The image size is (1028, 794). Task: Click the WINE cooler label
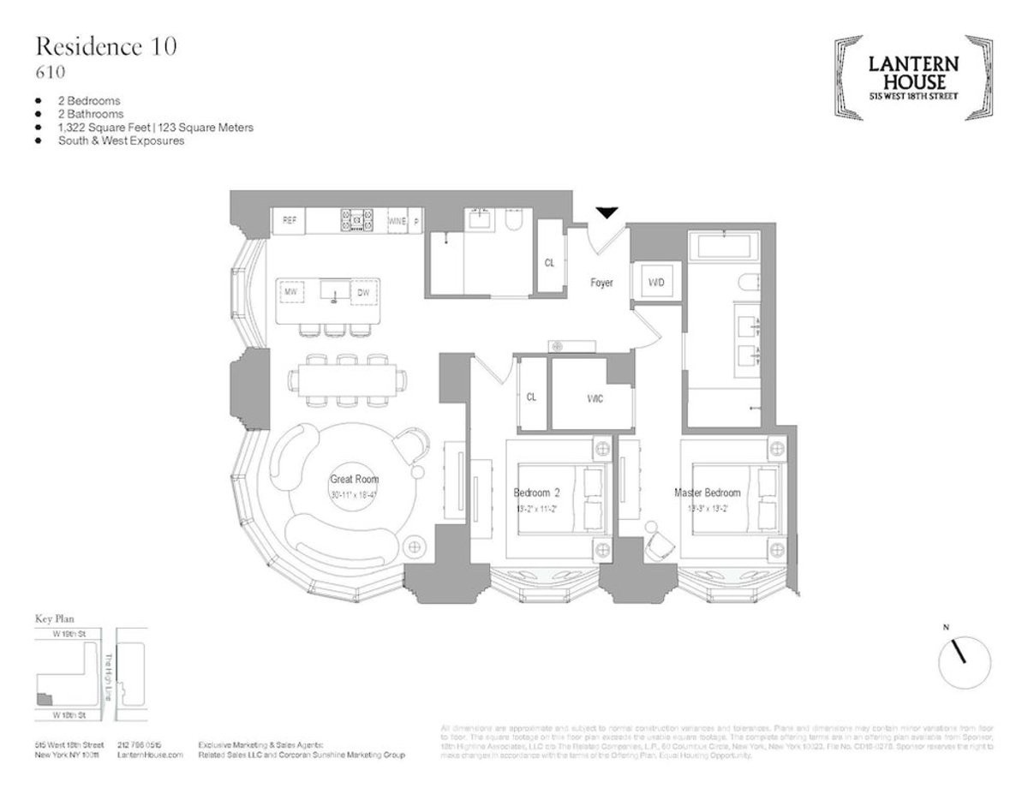397,221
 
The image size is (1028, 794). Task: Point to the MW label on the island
290,292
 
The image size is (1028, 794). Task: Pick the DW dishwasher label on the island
363,292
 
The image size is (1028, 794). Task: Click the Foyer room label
601,283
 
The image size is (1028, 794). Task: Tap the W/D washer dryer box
655,282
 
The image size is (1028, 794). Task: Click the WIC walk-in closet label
595,398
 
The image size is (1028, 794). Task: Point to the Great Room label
354,480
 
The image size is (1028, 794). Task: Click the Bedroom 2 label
536,493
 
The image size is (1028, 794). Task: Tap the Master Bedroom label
707,493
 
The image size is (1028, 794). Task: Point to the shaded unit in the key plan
43,700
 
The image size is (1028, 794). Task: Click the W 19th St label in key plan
66,635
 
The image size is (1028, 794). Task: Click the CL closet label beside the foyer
549,263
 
